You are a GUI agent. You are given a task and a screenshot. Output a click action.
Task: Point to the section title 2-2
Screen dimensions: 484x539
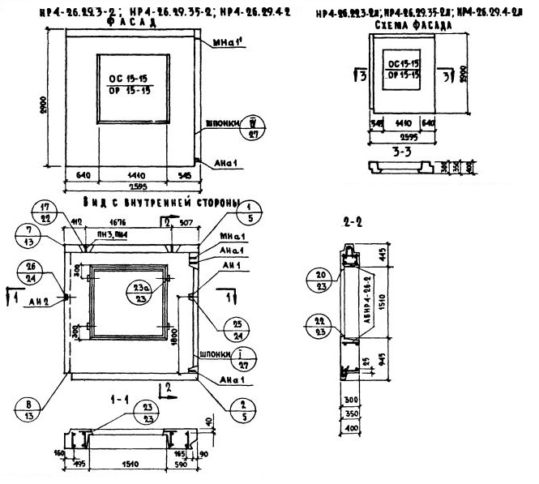pyautogui.click(x=352, y=221)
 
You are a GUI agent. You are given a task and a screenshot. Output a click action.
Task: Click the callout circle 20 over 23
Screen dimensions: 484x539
pyautogui.click(x=318, y=280)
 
